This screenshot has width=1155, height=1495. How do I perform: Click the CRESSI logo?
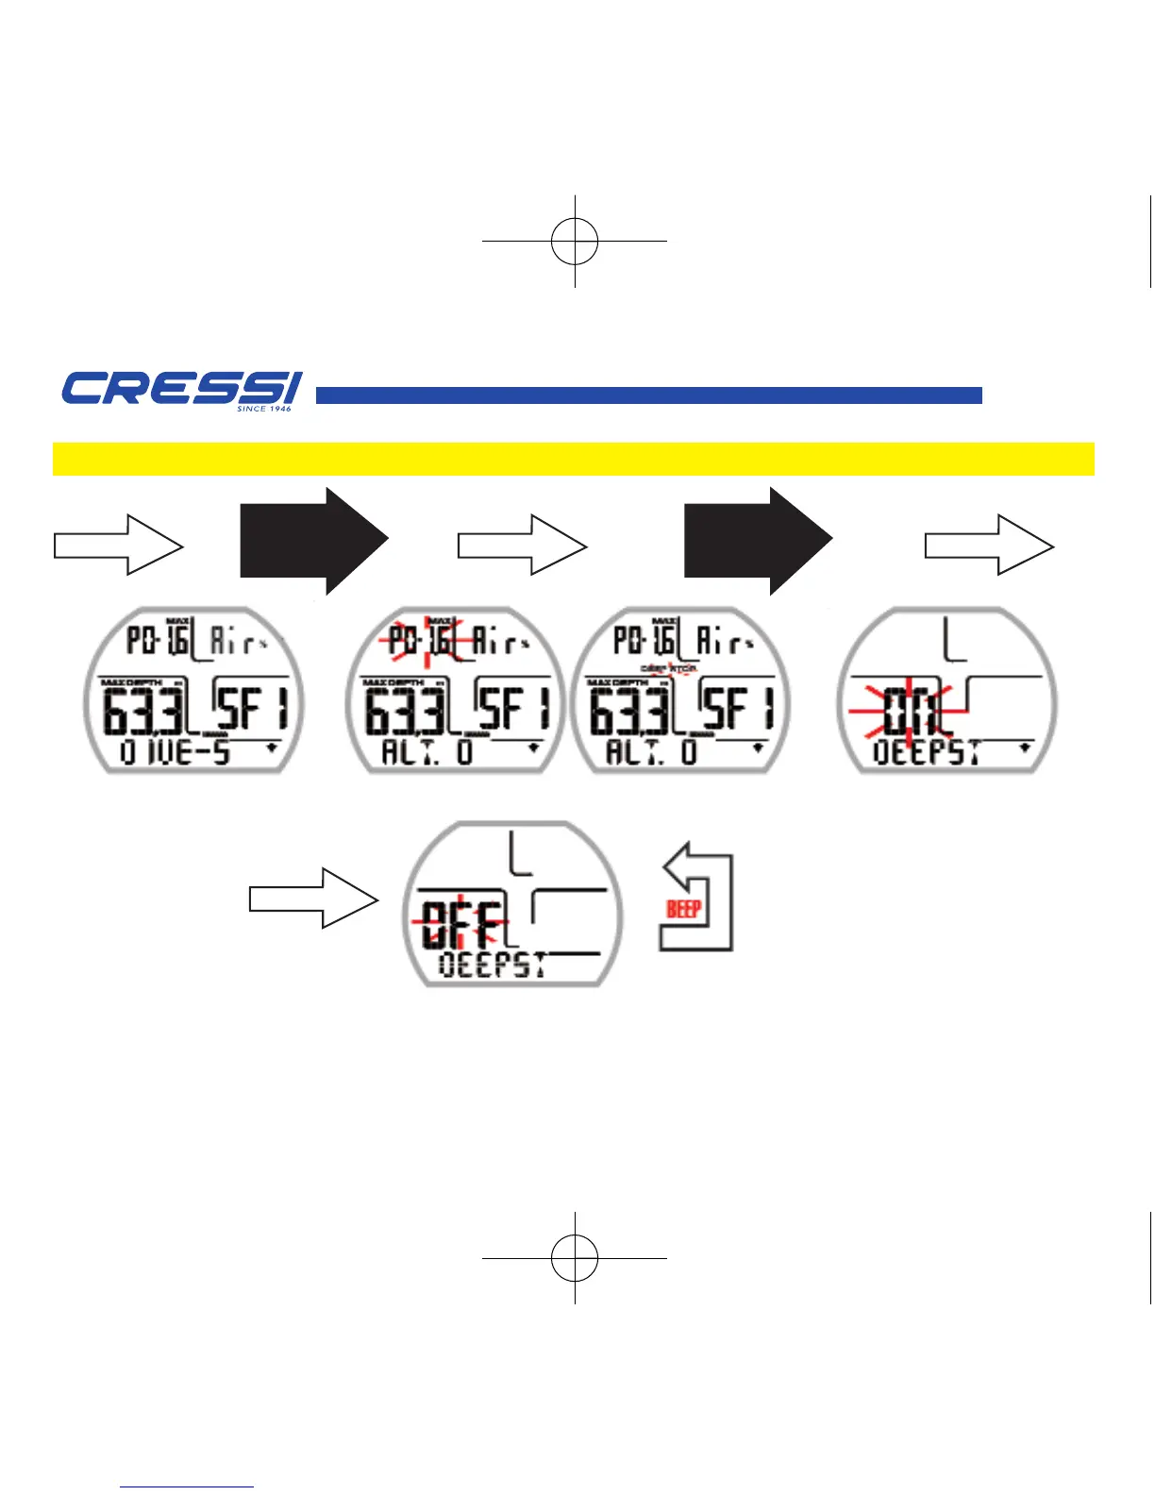point(181,389)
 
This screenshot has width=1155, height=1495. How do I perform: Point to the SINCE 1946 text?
point(264,409)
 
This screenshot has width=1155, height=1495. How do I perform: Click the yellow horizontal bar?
point(573,459)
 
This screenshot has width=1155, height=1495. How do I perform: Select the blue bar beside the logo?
point(648,395)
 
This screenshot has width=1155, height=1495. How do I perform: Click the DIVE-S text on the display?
point(176,753)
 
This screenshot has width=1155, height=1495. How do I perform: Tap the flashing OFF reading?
point(460,924)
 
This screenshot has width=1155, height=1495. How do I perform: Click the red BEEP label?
point(683,909)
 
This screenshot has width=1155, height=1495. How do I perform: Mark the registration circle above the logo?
point(575,241)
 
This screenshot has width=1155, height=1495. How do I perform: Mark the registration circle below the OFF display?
point(575,1258)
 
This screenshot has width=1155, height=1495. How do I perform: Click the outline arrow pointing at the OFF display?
point(313,899)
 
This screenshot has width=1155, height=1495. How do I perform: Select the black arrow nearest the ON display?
point(757,542)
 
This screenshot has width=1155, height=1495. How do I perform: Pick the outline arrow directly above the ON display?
point(988,546)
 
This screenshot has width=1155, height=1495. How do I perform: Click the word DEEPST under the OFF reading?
point(493,966)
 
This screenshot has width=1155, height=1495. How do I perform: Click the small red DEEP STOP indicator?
point(668,668)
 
